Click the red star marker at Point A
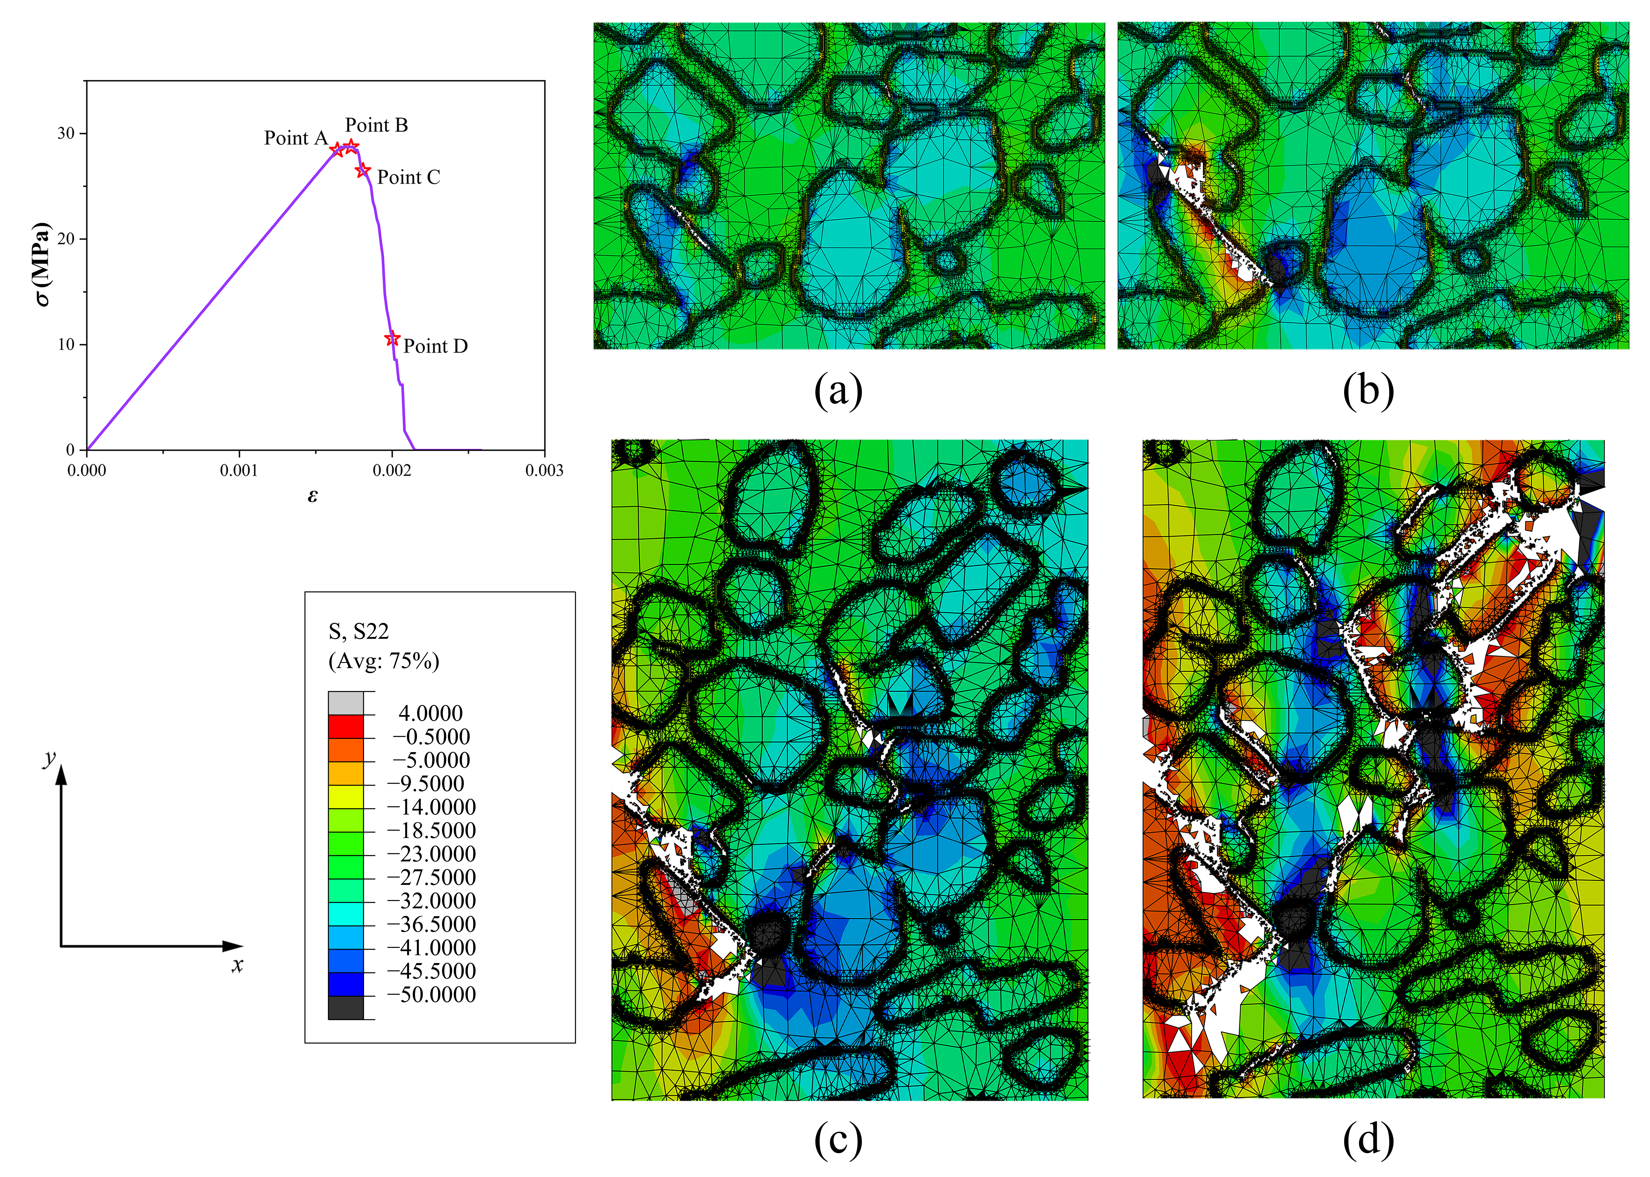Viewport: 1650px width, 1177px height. [337, 149]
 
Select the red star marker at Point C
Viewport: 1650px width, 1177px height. [362, 170]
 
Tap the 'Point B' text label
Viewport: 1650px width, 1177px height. [376, 125]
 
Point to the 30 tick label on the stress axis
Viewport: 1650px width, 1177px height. [66, 133]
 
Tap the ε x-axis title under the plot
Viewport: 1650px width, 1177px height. [312, 496]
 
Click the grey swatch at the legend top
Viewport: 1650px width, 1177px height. [346, 703]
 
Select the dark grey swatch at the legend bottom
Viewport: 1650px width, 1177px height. [346, 1007]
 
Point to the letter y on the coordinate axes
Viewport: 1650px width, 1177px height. [49, 758]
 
